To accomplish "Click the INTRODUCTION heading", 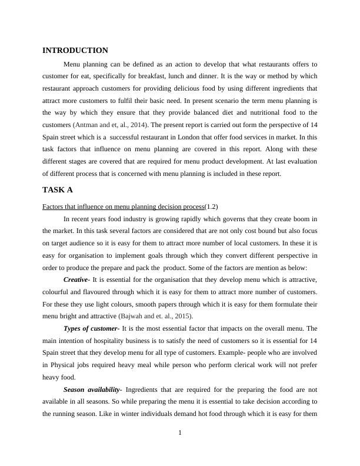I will tap(75, 51).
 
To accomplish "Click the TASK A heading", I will tap(58, 190).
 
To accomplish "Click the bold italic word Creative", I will tap(76, 279).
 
